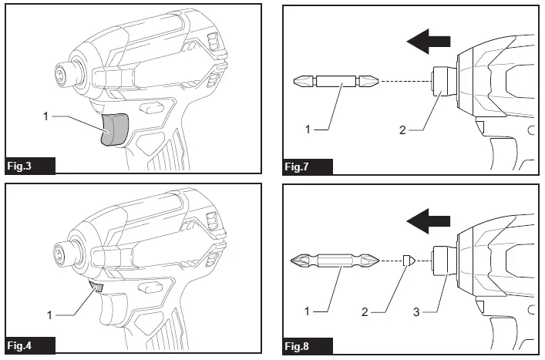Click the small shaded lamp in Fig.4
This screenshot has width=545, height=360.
pyautogui.click(x=97, y=286)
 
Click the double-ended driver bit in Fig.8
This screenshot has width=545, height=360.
pyautogui.click(x=335, y=261)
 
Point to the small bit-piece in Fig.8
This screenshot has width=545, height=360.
pyautogui.click(x=409, y=261)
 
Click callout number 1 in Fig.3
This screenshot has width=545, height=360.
pyautogui.click(x=45, y=116)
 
